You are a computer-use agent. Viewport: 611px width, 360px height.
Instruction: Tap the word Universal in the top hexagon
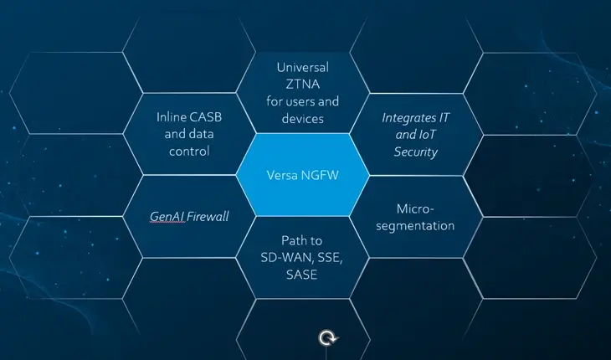point(302,66)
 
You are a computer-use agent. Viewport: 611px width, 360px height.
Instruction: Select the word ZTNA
point(302,84)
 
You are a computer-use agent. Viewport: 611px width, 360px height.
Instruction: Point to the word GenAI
point(167,216)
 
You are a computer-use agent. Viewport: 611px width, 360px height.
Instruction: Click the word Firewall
point(208,216)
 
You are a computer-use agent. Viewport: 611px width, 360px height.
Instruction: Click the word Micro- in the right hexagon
point(414,208)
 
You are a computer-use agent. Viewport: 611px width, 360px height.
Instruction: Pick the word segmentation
point(414,225)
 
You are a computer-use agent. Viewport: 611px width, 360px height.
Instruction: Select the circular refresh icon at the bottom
point(328,338)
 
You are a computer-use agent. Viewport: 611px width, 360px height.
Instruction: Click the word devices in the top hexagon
point(302,119)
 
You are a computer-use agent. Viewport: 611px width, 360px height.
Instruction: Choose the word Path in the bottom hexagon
point(285,239)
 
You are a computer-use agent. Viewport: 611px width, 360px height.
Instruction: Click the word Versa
point(282,177)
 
